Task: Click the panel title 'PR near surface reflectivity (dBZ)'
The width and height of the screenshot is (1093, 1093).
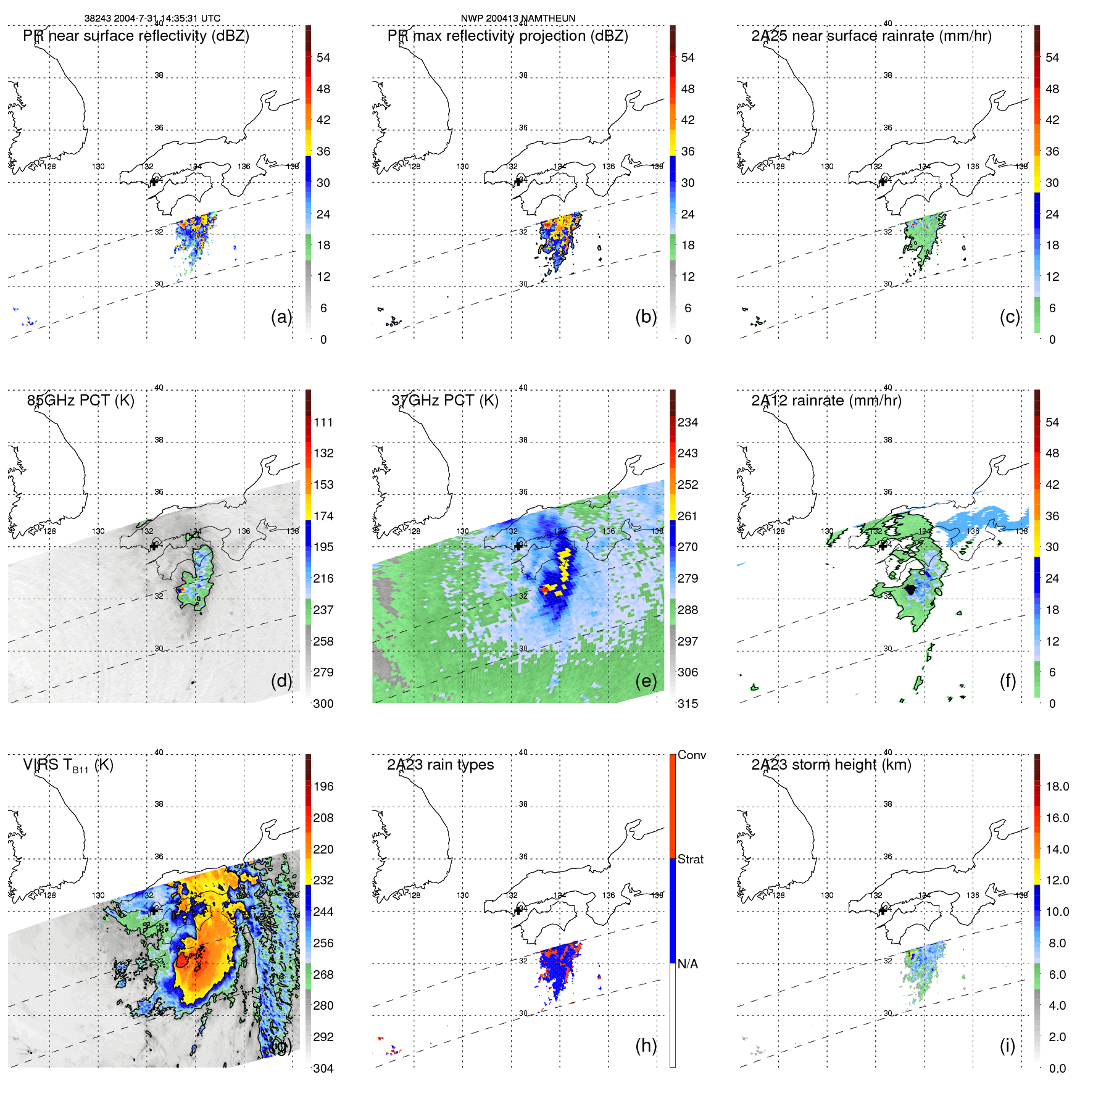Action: point(136,36)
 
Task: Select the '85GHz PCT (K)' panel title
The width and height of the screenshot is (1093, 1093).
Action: point(80,401)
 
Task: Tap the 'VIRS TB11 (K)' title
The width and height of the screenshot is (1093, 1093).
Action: point(68,765)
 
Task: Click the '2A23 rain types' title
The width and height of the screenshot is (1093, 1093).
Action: point(440,765)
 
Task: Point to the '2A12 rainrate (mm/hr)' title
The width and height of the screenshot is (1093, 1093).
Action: point(826,401)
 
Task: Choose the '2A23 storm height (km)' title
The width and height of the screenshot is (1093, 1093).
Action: point(831,765)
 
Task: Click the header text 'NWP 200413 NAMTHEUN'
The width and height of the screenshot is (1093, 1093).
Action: point(518,19)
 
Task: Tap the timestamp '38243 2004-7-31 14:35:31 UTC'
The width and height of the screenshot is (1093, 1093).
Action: point(152,19)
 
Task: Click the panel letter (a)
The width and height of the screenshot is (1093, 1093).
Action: point(281,317)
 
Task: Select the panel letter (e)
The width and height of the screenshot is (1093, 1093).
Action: point(646,681)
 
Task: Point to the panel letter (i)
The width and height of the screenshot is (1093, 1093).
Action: point(1007,1045)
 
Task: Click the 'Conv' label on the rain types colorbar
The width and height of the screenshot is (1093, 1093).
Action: point(691,755)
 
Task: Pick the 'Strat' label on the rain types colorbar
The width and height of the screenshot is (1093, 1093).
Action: point(690,859)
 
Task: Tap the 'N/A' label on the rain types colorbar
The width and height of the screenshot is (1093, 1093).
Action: point(688,964)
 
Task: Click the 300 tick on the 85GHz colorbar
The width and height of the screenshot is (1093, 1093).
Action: point(323,704)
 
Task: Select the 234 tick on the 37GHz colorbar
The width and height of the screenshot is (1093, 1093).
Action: point(688,422)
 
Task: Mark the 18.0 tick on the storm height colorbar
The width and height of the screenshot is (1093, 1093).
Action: point(1057,786)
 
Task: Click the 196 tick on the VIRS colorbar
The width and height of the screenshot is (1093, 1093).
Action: point(323,786)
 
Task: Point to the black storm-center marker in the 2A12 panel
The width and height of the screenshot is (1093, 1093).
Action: point(910,589)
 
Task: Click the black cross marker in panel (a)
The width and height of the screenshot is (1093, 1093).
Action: point(154,181)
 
